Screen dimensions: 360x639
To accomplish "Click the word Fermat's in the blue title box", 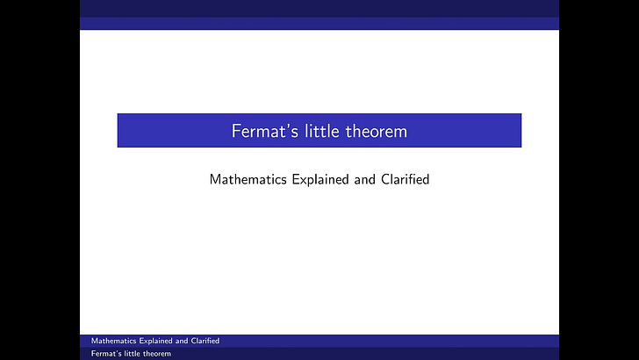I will (x=261, y=132).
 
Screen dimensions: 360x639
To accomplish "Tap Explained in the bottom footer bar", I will (x=153, y=341).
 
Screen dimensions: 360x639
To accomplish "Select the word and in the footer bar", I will (x=181, y=341).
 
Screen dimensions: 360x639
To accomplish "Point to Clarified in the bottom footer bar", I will (x=204, y=341).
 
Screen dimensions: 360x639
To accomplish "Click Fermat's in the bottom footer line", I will (x=107, y=354).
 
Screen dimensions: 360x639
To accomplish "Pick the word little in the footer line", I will (x=136, y=354).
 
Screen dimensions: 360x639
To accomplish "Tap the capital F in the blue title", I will (x=236, y=132).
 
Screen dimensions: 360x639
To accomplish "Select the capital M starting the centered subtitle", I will (x=215, y=179).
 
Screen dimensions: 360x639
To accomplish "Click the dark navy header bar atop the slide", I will (x=319, y=9).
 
